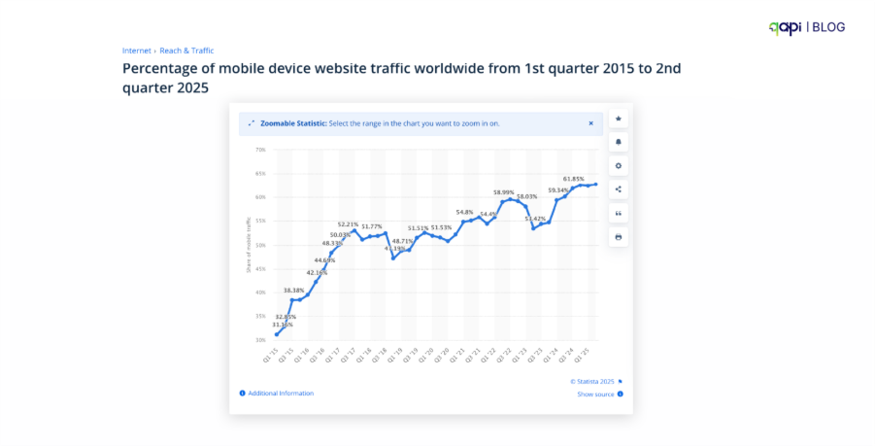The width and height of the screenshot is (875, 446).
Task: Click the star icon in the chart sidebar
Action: click(619, 119)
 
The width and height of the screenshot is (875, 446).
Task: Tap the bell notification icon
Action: click(619, 142)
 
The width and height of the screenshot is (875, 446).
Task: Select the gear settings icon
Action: click(619, 166)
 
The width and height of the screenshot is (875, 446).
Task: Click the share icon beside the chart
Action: click(619, 189)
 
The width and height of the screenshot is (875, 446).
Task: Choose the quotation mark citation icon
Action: click(619, 213)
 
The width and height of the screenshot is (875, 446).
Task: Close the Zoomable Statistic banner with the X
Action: click(590, 123)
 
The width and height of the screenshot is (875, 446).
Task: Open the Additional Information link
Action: click(281, 393)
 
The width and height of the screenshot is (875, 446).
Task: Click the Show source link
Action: click(595, 395)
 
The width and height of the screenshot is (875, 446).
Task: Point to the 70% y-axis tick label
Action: click(260, 150)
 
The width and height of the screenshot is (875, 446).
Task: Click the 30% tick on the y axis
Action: click(260, 340)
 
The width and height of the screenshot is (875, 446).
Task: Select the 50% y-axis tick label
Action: click(260, 245)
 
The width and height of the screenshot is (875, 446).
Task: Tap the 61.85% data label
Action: click(573, 179)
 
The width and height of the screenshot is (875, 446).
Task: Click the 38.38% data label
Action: click(294, 291)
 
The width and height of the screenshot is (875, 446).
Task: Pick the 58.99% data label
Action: click(503, 192)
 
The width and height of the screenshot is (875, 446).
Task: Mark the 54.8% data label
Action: click(464, 212)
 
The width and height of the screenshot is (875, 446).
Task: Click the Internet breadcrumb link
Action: click(136, 51)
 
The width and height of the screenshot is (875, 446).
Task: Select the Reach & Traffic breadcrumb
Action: click(186, 51)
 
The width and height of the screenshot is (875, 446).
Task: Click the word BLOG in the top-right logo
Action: click(828, 28)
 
